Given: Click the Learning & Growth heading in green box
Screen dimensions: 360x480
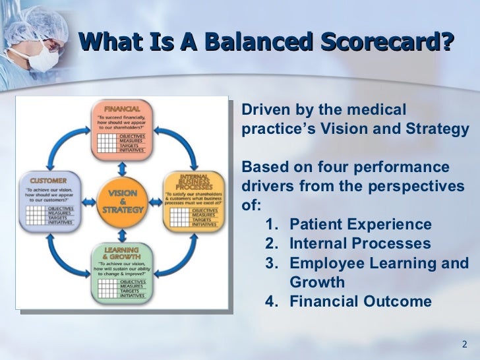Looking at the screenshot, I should pos(121,254).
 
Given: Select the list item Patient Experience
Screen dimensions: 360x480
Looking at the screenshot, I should pos(361,224).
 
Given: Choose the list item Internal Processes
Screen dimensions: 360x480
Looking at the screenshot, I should pos(360,244).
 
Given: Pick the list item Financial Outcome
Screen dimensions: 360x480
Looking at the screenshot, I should pos(361,302).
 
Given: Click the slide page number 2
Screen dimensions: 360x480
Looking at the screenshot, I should pos(464,345).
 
